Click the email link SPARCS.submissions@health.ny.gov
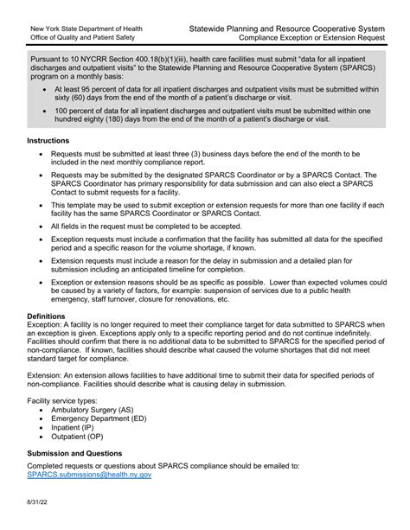point(90,475)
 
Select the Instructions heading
point(51,139)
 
